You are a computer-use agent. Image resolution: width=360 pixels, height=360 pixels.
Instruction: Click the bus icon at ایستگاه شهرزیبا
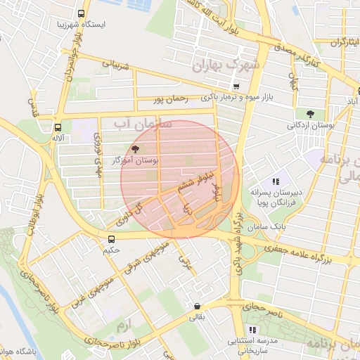[82, 13]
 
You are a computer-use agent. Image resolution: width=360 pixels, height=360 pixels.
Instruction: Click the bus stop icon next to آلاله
[56, 127]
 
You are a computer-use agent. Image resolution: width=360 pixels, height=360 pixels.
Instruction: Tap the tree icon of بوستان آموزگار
[135, 149]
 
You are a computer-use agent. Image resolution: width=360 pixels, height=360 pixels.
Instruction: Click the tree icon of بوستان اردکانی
[310, 113]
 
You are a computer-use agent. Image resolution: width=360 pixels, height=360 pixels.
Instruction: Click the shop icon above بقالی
[197, 307]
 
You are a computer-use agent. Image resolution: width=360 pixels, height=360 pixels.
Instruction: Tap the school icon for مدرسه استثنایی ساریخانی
[252, 329]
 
